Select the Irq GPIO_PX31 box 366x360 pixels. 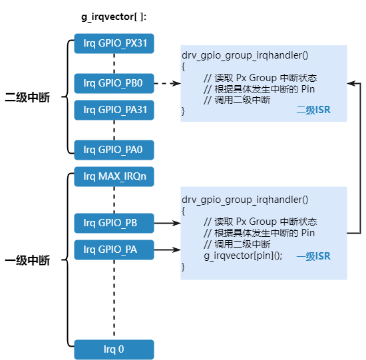point(114,44)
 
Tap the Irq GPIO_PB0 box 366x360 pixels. point(114,84)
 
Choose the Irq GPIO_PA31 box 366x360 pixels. point(114,110)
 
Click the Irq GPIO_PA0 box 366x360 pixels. point(114,150)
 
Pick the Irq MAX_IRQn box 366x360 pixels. point(114,177)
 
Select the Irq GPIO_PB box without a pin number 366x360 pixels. point(114,222)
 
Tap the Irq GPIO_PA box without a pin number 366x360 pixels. point(114,250)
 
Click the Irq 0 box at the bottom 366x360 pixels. point(114,349)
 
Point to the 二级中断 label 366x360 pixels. point(27,97)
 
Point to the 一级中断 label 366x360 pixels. point(27,260)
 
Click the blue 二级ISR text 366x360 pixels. point(313,110)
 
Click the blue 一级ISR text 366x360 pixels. point(313,256)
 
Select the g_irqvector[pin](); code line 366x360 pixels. point(243,256)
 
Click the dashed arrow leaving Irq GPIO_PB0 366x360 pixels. point(166,84)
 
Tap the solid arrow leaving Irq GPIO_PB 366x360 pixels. point(166,223)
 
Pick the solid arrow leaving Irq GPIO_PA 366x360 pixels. point(166,250)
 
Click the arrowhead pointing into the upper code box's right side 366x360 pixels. point(351,83)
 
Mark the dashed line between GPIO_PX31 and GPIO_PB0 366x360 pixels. point(114,64)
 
